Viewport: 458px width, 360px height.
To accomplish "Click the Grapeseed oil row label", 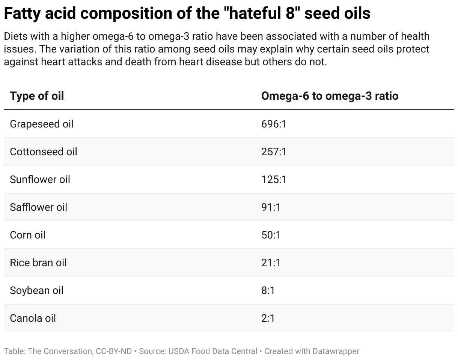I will click(42, 124).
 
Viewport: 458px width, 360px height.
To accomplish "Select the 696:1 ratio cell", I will click(274, 124).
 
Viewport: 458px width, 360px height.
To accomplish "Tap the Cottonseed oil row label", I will click(44, 151).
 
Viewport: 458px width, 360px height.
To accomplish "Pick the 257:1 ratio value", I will click(274, 151).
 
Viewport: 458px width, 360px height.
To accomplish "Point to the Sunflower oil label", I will click(40, 179).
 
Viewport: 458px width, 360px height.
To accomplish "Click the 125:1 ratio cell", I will click(274, 179).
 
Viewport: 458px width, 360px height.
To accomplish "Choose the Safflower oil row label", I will click(39, 207).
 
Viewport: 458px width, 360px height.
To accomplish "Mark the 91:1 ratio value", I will click(271, 207).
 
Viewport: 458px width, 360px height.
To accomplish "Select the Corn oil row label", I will click(28, 235).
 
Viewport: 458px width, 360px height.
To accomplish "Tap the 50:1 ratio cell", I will click(271, 235).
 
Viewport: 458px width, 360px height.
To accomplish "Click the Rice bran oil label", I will click(38, 262).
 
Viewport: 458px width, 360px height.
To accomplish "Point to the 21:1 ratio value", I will click(271, 262).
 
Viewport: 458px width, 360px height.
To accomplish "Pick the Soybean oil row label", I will click(37, 290).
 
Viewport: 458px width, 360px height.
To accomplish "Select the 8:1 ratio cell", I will click(268, 290).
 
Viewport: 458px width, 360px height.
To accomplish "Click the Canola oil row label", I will click(33, 318).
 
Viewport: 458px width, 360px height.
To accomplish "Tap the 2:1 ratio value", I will click(268, 318).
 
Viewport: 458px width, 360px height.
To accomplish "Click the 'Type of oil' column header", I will click(37, 96).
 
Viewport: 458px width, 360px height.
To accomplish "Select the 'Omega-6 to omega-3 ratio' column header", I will click(330, 96).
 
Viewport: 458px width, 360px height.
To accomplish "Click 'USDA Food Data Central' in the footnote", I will click(212, 351).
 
